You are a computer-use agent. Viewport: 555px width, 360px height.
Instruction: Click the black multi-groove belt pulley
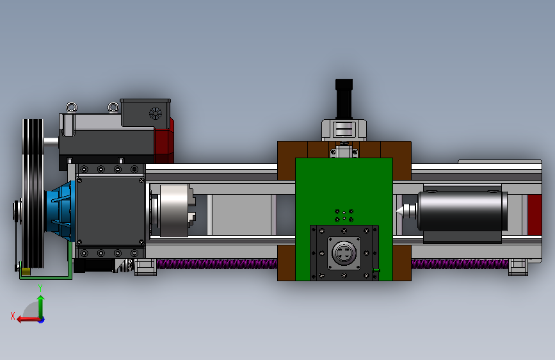pos(33,194)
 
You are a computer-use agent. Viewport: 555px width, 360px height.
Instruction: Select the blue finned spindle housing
pos(61,211)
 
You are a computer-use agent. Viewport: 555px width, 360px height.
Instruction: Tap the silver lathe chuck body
pos(173,211)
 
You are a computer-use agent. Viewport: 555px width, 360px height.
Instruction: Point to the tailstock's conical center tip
pos(399,211)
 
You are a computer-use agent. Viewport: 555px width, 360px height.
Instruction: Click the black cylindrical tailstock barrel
pos(462,211)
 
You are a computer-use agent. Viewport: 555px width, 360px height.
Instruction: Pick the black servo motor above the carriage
pos(344,99)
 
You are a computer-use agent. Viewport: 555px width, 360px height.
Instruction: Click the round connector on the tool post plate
pos(344,252)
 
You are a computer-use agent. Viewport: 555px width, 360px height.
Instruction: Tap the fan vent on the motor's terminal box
pos(155,113)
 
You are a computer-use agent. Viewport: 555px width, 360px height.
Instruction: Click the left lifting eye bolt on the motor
pos(72,107)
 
